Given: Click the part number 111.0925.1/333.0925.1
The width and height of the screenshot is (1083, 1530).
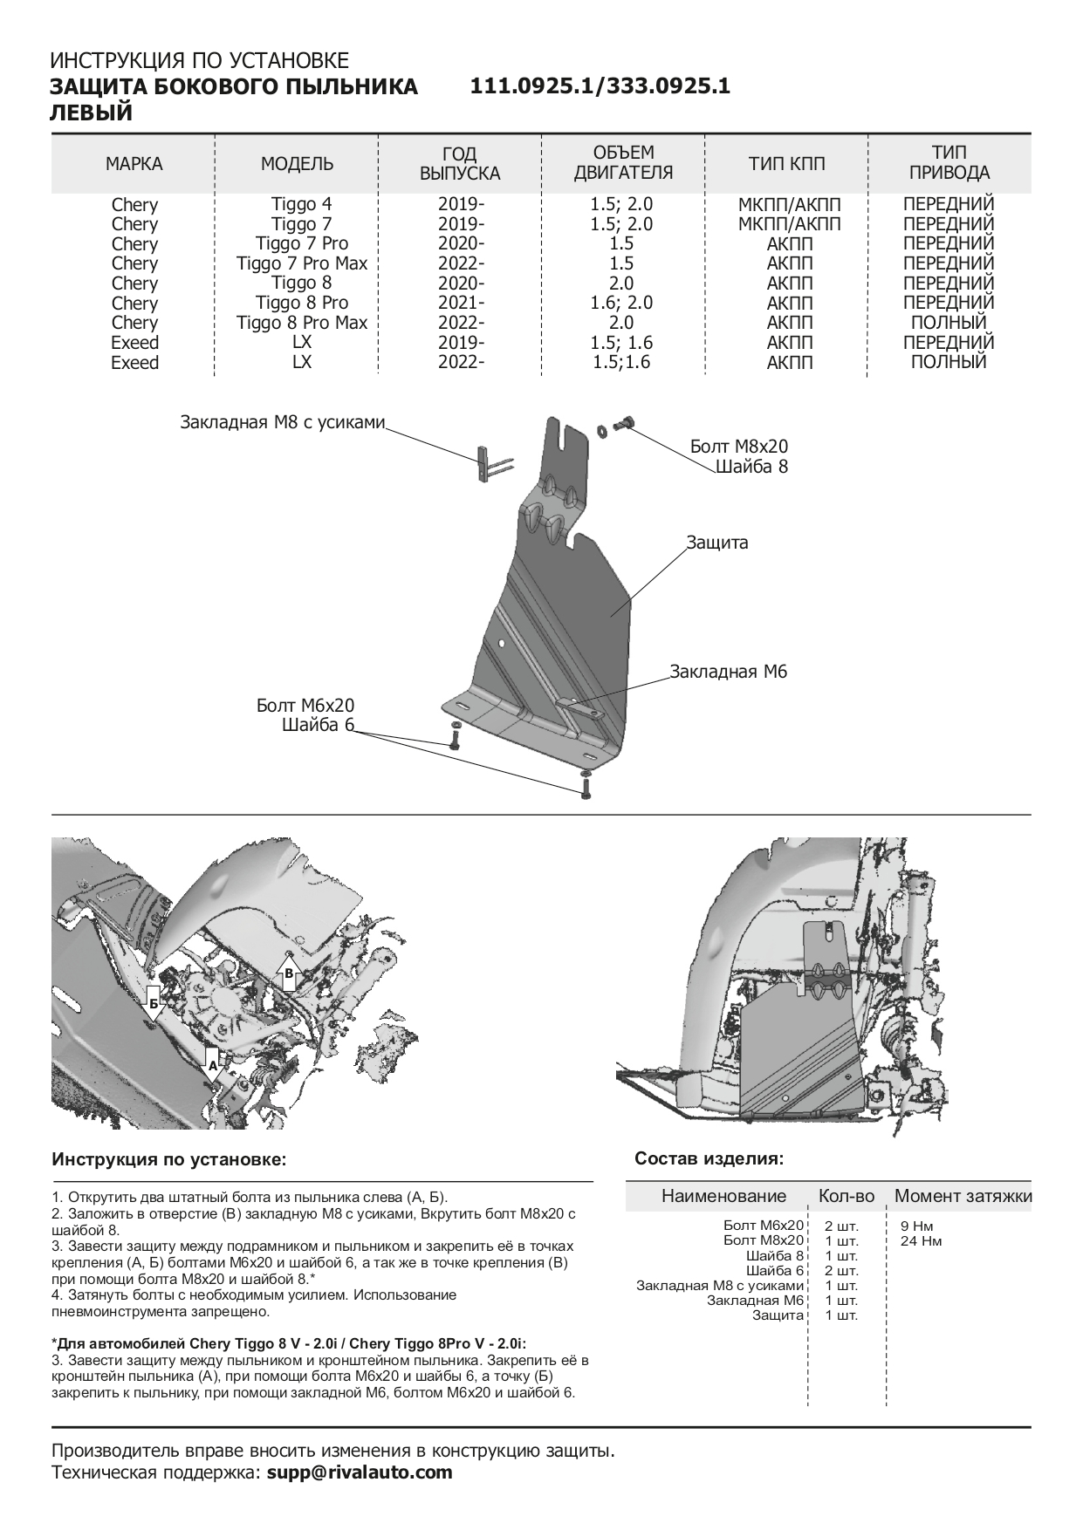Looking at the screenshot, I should [x=600, y=86].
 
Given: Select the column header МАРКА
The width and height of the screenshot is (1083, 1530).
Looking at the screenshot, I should [x=134, y=163].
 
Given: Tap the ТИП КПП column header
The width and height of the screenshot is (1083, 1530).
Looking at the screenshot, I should [x=786, y=163].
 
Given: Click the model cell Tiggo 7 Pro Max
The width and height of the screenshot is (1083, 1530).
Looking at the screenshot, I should [x=302, y=263].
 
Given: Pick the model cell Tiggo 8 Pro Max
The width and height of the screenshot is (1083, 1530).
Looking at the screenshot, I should [x=302, y=323].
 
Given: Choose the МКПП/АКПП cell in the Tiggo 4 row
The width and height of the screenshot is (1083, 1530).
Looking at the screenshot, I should [x=789, y=204].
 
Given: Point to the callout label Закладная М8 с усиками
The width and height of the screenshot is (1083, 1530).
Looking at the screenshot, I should [x=282, y=422].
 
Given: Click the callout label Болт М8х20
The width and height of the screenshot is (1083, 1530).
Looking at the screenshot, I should [x=738, y=447].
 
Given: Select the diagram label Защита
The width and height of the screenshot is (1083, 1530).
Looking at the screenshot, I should [x=716, y=543].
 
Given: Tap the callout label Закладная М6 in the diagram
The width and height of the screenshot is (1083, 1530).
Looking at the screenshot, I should [x=729, y=672].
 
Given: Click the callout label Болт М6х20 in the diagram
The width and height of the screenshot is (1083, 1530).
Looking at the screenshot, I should [x=305, y=706].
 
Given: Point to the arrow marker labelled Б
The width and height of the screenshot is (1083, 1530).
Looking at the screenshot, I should [x=154, y=1004].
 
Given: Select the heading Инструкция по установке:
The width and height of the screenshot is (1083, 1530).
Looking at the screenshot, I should [x=169, y=1160].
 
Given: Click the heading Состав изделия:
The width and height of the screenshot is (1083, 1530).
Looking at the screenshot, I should [x=709, y=1158].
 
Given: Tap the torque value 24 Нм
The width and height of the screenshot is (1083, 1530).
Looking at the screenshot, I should [x=921, y=1240].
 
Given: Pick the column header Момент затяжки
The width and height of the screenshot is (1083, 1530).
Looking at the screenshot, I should [x=963, y=1196].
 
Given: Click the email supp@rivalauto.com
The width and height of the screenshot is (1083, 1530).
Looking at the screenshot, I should [x=360, y=1472].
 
